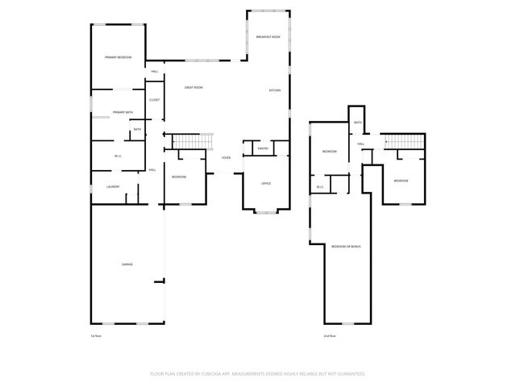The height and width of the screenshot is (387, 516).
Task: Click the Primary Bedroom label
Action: tap(118, 57)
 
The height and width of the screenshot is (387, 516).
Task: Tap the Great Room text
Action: tap(193, 87)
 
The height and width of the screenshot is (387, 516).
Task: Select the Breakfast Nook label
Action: tap(268, 38)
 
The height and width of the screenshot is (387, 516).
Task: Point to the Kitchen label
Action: tap(274, 90)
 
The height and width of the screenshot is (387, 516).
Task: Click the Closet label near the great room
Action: tap(154, 100)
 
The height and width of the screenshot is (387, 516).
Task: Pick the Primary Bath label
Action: tap(123, 112)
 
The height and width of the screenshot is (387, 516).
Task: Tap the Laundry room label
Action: tap(114, 187)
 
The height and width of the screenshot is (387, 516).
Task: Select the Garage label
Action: tap(127, 264)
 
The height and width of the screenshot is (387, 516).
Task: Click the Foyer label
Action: tap(226, 157)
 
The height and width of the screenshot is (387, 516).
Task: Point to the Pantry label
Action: tap(263, 148)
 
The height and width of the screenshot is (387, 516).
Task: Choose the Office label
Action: tap(266, 184)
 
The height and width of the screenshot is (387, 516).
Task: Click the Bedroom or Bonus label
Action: tap(346, 246)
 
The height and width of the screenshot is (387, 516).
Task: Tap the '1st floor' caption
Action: tap(96, 335)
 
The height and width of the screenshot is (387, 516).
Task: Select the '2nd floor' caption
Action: tap(329, 335)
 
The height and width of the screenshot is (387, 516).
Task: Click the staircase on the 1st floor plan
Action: tap(193, 142)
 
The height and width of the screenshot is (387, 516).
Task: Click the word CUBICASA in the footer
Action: tap(227, 373)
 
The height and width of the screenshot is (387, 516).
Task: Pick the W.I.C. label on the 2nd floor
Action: tap(320, 187)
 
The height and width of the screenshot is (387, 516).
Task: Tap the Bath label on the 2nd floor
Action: tap(357, 123)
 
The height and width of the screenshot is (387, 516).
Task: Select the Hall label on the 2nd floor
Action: tap(361, 144)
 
